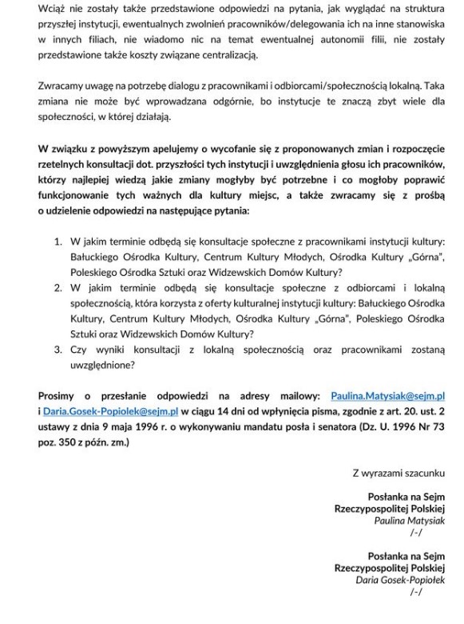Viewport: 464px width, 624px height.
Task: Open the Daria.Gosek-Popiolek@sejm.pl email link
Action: (x=111, y=411)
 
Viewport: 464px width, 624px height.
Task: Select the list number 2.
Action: (x=58, y=287)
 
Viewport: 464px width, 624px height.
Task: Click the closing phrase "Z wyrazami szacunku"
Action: (x=399, y=473)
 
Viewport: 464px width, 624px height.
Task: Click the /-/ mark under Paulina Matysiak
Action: (x=415, y=532)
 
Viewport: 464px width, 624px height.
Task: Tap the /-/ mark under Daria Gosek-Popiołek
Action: (x=415, y=592)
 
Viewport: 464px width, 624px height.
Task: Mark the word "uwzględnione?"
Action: (x=101, y=365)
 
